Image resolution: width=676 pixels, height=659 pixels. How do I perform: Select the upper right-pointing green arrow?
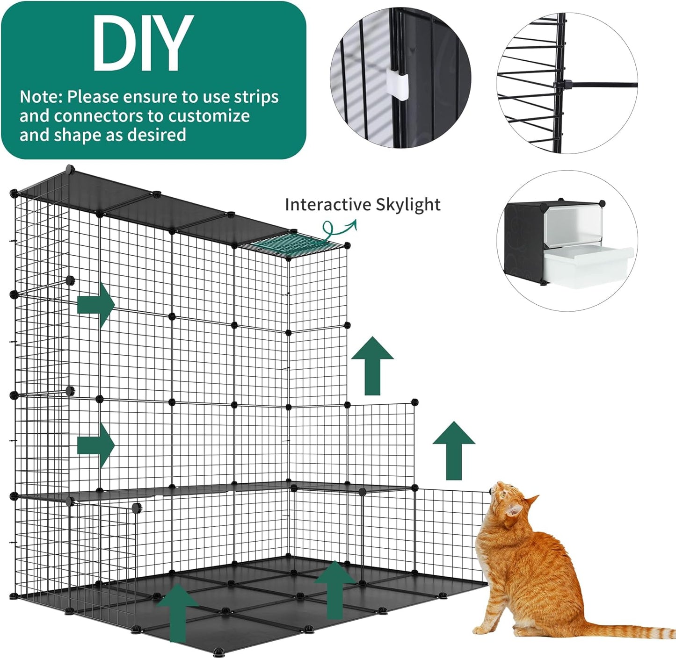tap(96, 304)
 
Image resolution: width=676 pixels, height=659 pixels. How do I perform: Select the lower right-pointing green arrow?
tap(96, 445)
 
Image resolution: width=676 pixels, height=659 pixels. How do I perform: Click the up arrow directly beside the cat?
tap(454, 451)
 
